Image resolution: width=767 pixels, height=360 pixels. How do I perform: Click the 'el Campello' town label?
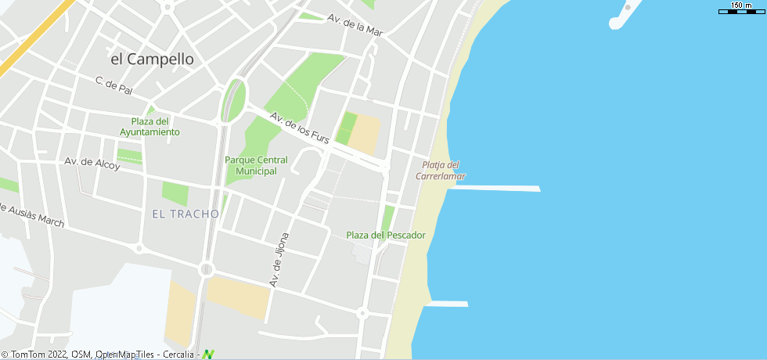pyautogui.click(x=152, y=59)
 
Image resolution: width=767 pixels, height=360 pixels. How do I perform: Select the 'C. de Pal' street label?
pyautogui.click(x=114, y=85)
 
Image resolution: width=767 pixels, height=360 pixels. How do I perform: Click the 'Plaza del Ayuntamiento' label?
pyautogui.click(x=149, y=127)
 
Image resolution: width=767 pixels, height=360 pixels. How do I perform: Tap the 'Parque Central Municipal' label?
pyautogui.click(x=256, y=165)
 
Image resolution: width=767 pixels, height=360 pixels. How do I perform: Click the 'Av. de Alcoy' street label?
pyautogui.click(x=92, y=164)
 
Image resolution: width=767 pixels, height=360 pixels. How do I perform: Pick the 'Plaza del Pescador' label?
pyautogui.click(x=386, y=235)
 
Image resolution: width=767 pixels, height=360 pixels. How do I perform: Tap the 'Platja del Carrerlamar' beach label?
pyautogui.click(x=441, y=170)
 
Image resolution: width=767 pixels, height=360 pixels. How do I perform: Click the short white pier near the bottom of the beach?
pyautogui.click(x=448, y=304)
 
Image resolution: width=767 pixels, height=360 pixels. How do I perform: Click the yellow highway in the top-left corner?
pyautogui.click(x=31, y=43)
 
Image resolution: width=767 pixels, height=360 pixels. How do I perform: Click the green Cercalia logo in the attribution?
pyautogui.click(x=208, y=355)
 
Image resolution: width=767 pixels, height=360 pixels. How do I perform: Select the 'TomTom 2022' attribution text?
pyautogui.click(x=34, y=355)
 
